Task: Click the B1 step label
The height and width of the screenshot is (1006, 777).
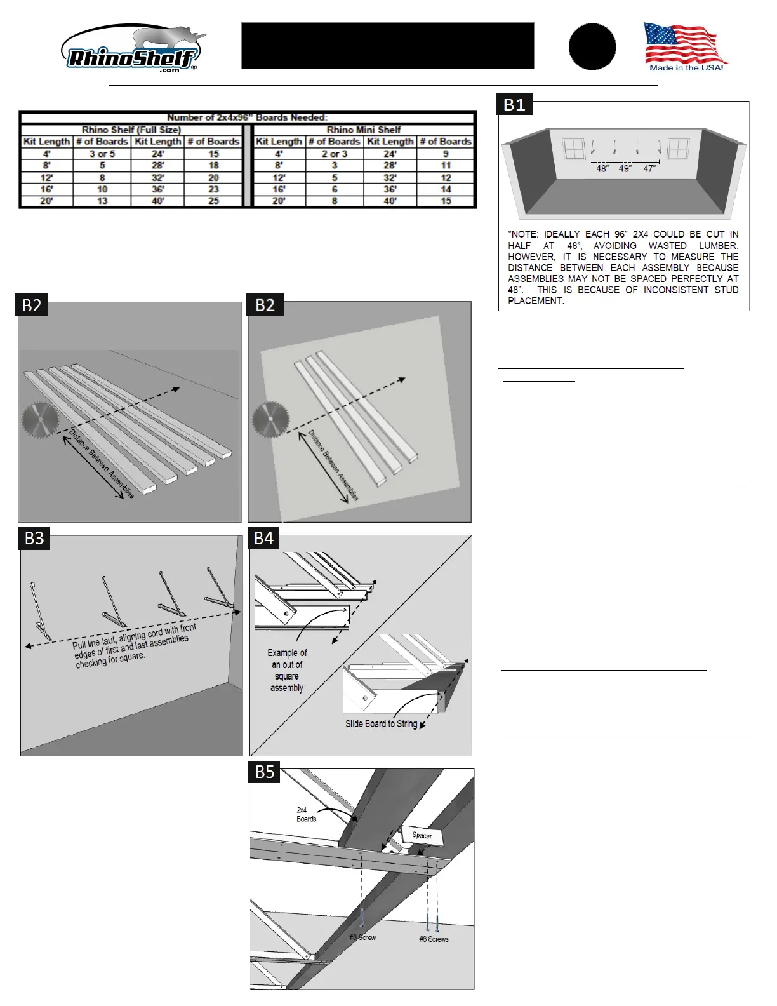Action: point(514,105)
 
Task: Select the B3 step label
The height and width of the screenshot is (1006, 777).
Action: point(34,539)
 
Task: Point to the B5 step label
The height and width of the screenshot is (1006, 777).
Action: point(265,772)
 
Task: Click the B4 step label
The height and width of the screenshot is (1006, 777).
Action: point(263,539)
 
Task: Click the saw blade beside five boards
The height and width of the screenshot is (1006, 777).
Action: point(39,420)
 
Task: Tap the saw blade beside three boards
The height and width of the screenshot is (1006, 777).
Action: point(270,419)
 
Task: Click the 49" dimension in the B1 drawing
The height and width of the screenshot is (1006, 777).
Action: point(625,169)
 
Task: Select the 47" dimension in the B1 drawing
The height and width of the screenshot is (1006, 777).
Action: point(649,169)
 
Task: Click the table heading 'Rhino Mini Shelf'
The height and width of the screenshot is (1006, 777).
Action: point(364,130)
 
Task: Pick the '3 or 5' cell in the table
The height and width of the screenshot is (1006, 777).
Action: point(102,154)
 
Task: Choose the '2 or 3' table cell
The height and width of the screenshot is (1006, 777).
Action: point(335,154)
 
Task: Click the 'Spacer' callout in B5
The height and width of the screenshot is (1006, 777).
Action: point(422,835)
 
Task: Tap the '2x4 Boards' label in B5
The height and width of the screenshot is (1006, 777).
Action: point(306,814)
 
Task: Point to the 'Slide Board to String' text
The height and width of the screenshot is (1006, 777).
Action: point(381,724)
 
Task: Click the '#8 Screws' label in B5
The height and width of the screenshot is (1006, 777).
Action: point(434,939)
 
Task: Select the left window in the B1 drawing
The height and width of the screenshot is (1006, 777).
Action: point(574,150)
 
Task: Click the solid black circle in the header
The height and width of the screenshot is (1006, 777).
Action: point(592,47)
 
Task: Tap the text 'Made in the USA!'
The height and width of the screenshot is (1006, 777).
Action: point(686,68)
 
